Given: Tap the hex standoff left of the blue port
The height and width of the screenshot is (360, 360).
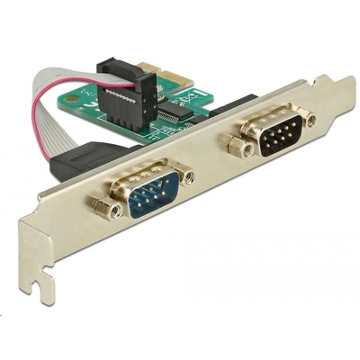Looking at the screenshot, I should pyautogui.click(x=113, y=209).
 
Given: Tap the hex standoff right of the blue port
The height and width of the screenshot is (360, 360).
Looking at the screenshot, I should pyautogui.click(x=184, y=175).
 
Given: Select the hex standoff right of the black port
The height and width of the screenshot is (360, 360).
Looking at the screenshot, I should pyautogui.click(x=310, y=118).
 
